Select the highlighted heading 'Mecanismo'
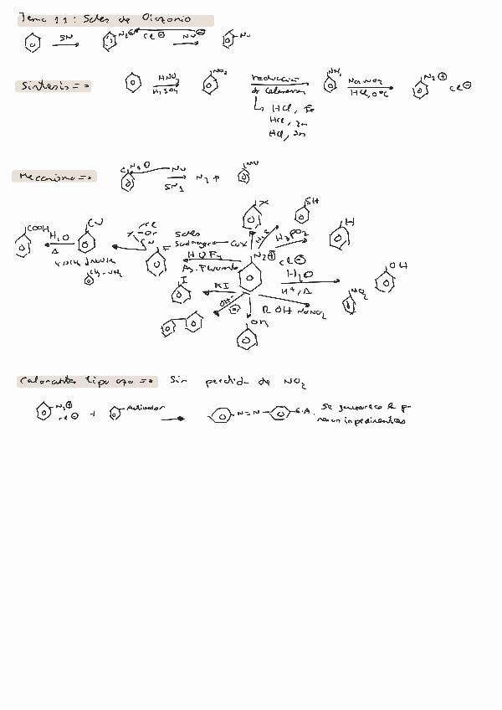52,177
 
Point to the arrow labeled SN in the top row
67,39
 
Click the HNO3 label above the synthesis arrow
166,77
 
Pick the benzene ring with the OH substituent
384,282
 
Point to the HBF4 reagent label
203,255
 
